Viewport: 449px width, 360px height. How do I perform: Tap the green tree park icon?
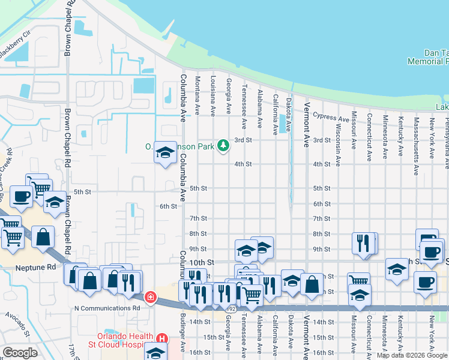tap(223, 145)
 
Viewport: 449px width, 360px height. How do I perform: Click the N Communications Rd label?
tap(107, 308)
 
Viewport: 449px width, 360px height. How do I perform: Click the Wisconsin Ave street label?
tap(338, 145)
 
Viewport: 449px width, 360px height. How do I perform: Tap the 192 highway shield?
tap(231, 308)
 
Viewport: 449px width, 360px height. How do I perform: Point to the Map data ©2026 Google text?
tap(412, 355)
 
